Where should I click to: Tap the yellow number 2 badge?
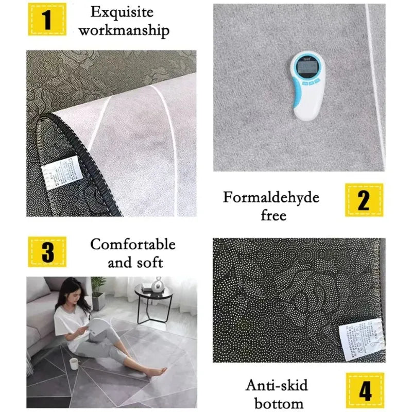click(364, 200)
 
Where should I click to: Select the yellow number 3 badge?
click(47, 252)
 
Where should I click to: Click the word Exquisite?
click(122, 11)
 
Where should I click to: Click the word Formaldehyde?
click(271, 197)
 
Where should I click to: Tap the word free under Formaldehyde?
click(273, 215)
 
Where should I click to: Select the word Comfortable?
click(133, 244)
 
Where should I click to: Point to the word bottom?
click(274, 403)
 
